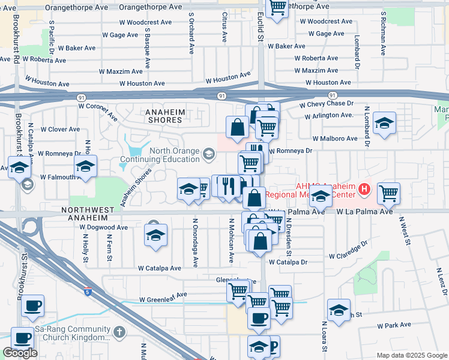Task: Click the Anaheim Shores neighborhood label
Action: click(164, 116)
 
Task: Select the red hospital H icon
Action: click(364, 191)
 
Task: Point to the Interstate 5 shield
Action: click(88, 292)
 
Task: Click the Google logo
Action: click(20, 353)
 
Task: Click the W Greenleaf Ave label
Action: click(163, 296)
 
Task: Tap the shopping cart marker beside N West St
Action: click(389, 193)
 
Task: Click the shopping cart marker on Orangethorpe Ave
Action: click(277, 8)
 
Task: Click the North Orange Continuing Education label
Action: click(160, 155)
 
